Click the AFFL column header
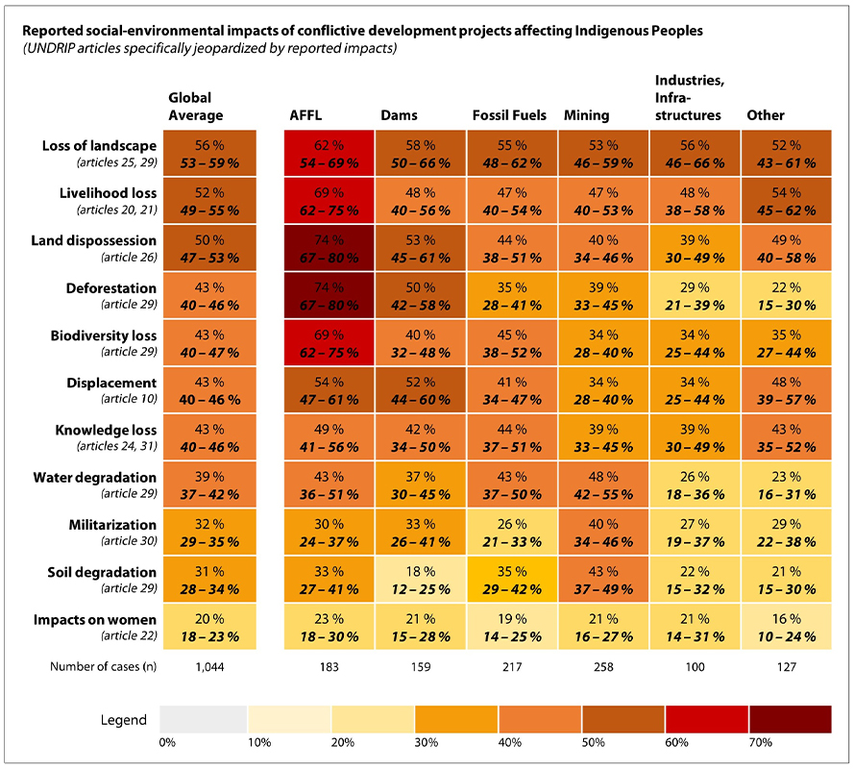point(306,115)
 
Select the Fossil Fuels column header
point(509,115)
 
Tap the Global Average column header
point(189,107)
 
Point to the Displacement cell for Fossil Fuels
point(512,390)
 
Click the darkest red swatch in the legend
point(790,719)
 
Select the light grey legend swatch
point(204,719)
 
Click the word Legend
point(124,720)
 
